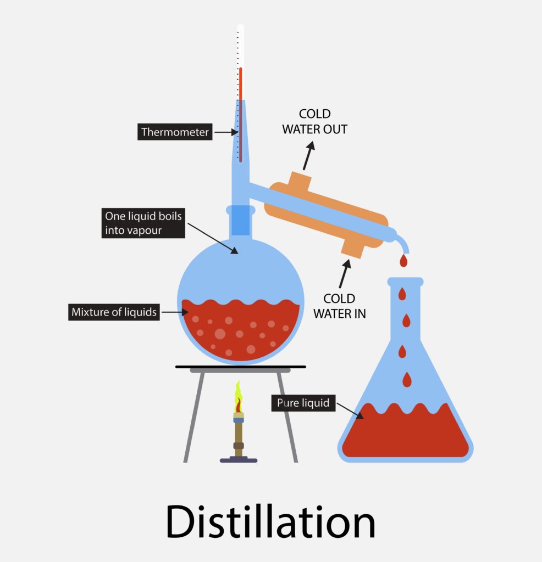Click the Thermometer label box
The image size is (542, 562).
coord(175,132)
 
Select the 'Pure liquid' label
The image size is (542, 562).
coord(303,403)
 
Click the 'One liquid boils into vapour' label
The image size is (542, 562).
coord(143,223)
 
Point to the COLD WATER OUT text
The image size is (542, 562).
coord(315,121)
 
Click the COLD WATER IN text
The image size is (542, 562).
coord(339,306)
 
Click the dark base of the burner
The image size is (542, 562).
coord(239,460)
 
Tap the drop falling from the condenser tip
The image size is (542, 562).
coord(404,260)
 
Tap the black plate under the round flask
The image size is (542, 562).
coord(240,366)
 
